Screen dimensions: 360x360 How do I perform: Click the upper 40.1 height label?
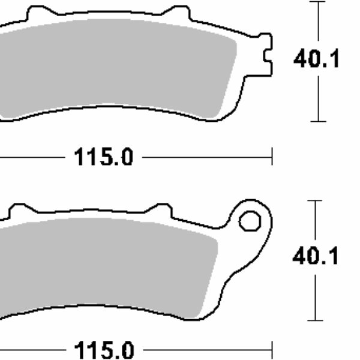[x=316, y=60]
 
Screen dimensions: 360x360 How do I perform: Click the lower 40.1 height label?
[x=316, y=257]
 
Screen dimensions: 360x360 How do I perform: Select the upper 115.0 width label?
[x=103, y=158]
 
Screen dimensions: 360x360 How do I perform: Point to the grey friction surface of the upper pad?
[x=120, y=66]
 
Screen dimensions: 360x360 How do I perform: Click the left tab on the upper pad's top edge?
[x=38, y=13]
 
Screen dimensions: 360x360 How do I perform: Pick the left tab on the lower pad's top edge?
[x=19, y=210]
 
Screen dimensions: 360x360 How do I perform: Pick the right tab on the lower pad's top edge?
[x=158, y=210]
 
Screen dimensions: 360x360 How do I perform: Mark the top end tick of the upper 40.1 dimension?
[x=318, y=2]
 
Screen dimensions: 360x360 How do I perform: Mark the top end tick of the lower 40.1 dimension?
[x=315, y=200]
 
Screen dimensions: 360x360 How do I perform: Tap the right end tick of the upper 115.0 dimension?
[x=272, y=158]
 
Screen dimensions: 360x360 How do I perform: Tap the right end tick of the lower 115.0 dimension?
[x=272, y=349]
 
